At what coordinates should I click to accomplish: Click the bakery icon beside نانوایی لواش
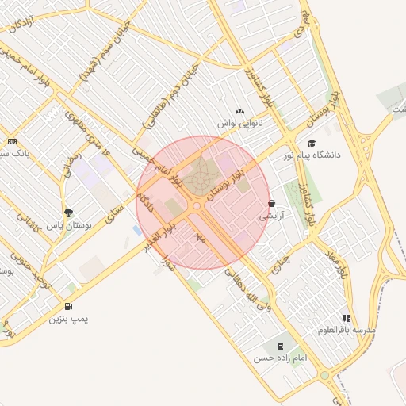(x=240, y=112)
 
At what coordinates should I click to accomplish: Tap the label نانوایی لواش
(x=240, y=124)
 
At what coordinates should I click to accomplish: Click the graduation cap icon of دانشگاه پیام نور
(x=312, y=143)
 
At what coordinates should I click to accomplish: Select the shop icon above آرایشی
(x=272, y=203)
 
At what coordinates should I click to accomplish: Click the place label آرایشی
(x=270, y=215)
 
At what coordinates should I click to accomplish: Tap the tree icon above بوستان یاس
(x=68, y=213)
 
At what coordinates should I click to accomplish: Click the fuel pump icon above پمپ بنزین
(x=67, y=306)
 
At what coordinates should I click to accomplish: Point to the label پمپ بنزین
(x=67, y=319)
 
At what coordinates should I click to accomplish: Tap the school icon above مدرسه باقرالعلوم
(x=347, y=317)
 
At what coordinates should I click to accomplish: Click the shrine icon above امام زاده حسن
(x=279, y=346)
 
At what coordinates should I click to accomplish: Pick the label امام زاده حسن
(x=280, y=358)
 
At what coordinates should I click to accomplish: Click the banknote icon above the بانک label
(x=12, y=141)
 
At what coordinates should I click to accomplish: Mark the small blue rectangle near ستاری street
(x=138, y=231)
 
